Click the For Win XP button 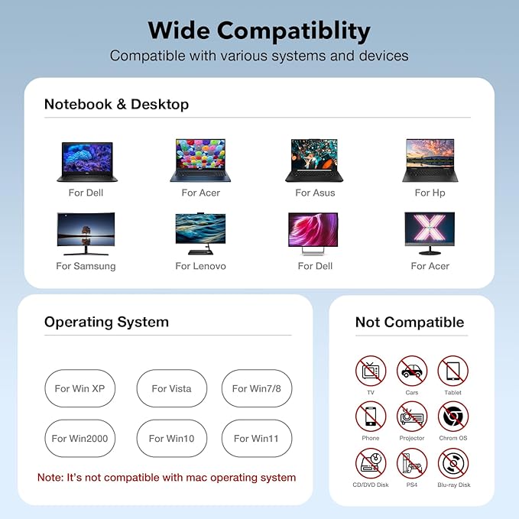click(79, 388)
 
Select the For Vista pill click(171, 388)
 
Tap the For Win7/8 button click(257, 388)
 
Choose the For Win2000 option click(79, 438)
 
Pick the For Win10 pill click(171, 438)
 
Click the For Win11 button click(257, 438)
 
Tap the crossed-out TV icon click(371, 371)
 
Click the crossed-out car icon click(412, 371)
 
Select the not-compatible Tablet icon click(453, 371)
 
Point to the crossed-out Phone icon click(371, 417)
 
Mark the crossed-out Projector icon click(412, 417)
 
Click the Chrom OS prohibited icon click(453, 417)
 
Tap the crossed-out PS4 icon click(412, 463)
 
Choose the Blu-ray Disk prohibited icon click(453, 463)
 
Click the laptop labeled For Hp click(430, 161)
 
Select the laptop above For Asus click(314, 161)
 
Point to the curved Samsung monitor click(86, 234)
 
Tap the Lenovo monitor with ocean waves click(200, 234)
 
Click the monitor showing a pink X click(430, 234)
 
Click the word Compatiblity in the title click(294, 31)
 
